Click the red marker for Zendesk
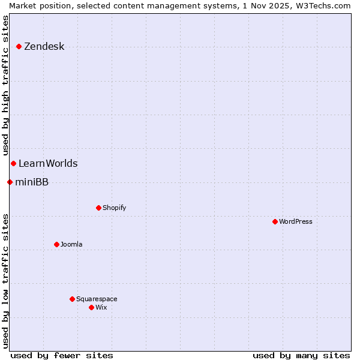coord(19,46)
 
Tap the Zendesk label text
coord(44,47)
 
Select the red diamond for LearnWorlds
coord(13,163)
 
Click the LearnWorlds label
coord(48,164)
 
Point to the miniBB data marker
coord(10,182)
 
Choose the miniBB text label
coord(32,182)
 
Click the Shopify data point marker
coord(98,208)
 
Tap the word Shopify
coord(114,208)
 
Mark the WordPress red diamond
coord(275,221)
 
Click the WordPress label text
coord(295,222)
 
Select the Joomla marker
coord(56,244)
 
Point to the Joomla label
coord(71,245)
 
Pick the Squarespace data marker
coord(72,299)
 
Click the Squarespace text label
coord(97,299)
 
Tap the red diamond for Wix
coord(91,307)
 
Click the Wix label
coord(101,308)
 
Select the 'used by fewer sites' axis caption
coord(61,355)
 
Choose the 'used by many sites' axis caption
coord(301,355)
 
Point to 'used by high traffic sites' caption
coord(6,85)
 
